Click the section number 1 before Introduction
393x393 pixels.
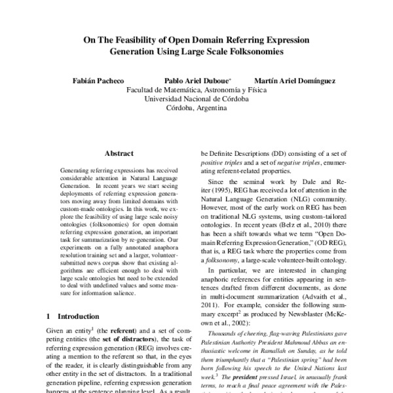tap(49, 316)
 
